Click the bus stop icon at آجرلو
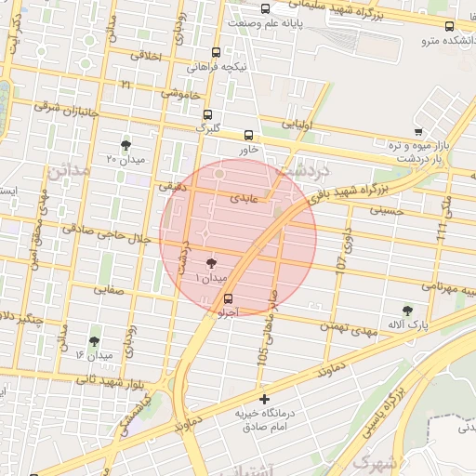(x=229, y=298)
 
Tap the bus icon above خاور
(x=247, y=135)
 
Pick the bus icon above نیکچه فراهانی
(x=217, y=53)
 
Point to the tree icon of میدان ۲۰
(x=126, y=144)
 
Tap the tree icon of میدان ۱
(x=211, y=263)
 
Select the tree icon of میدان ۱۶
(x=94, y=341)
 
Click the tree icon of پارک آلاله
(x=407, y=310)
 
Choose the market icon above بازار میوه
(x=419, y=132)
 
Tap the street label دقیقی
(x=172, y=187)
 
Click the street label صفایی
(x=108, y=290)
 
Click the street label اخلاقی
(x=147, y=57)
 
